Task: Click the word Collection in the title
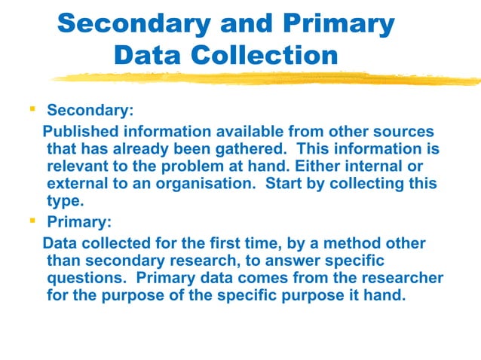[x=263, y=55]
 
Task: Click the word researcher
[x=403, y=277]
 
